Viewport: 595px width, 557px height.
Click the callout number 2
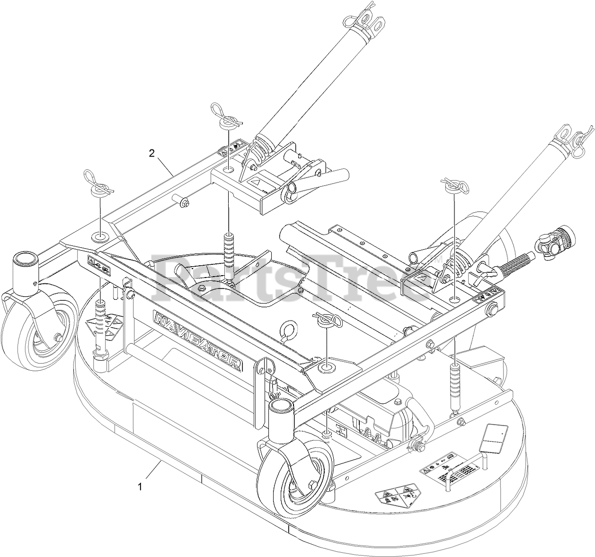click(x=151, y=153)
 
